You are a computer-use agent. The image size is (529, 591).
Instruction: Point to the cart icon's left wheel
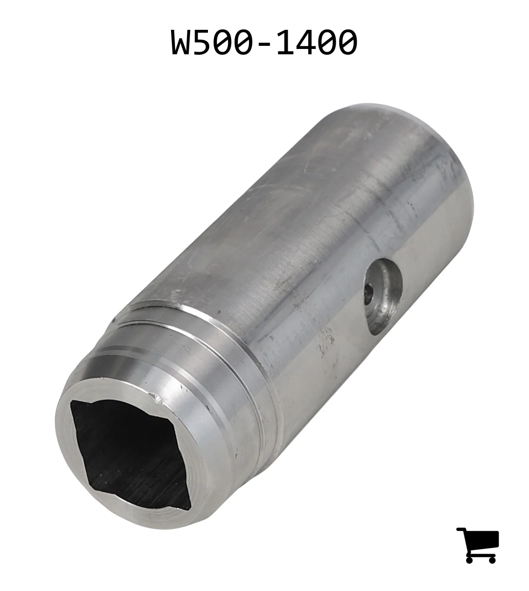tap(469, 559)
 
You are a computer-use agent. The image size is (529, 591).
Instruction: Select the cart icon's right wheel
tap(492, 559)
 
